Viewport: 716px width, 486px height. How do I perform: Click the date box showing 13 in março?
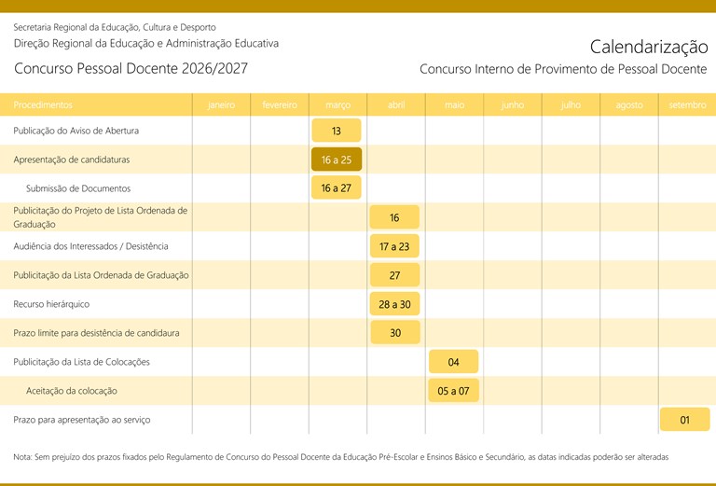(x=336, y=131)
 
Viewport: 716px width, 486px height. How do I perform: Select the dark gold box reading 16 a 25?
(x=336, y=160)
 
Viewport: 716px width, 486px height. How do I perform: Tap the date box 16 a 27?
(x=336, y=188)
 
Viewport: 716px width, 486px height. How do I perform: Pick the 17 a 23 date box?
(x=394, y=246)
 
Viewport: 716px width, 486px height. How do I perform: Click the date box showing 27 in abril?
(x=394, y=275)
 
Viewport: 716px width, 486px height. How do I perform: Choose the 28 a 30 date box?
(x=394, y=304)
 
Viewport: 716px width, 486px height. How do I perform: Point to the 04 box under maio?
(x=453, y=362)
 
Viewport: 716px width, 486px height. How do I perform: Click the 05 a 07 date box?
(x=453, y=391)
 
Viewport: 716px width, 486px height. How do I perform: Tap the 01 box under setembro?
(x=684, y=420)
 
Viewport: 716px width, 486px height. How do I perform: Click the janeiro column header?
(x=221, y=105)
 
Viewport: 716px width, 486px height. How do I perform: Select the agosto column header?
(x=629, y=105)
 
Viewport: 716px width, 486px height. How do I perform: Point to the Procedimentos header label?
(x=43, y=105)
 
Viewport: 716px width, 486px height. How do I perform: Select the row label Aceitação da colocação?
(x=72, y=391)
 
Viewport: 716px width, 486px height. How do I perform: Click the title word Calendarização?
(x=648, y=47)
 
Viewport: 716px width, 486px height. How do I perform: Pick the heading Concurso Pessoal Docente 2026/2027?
(x=131, y=69)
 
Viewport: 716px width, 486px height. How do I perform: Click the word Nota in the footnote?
(x=22, y=457)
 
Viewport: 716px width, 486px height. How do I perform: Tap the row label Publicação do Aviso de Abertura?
(x=76, y=131)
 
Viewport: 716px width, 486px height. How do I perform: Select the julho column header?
(x=571, y=105)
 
